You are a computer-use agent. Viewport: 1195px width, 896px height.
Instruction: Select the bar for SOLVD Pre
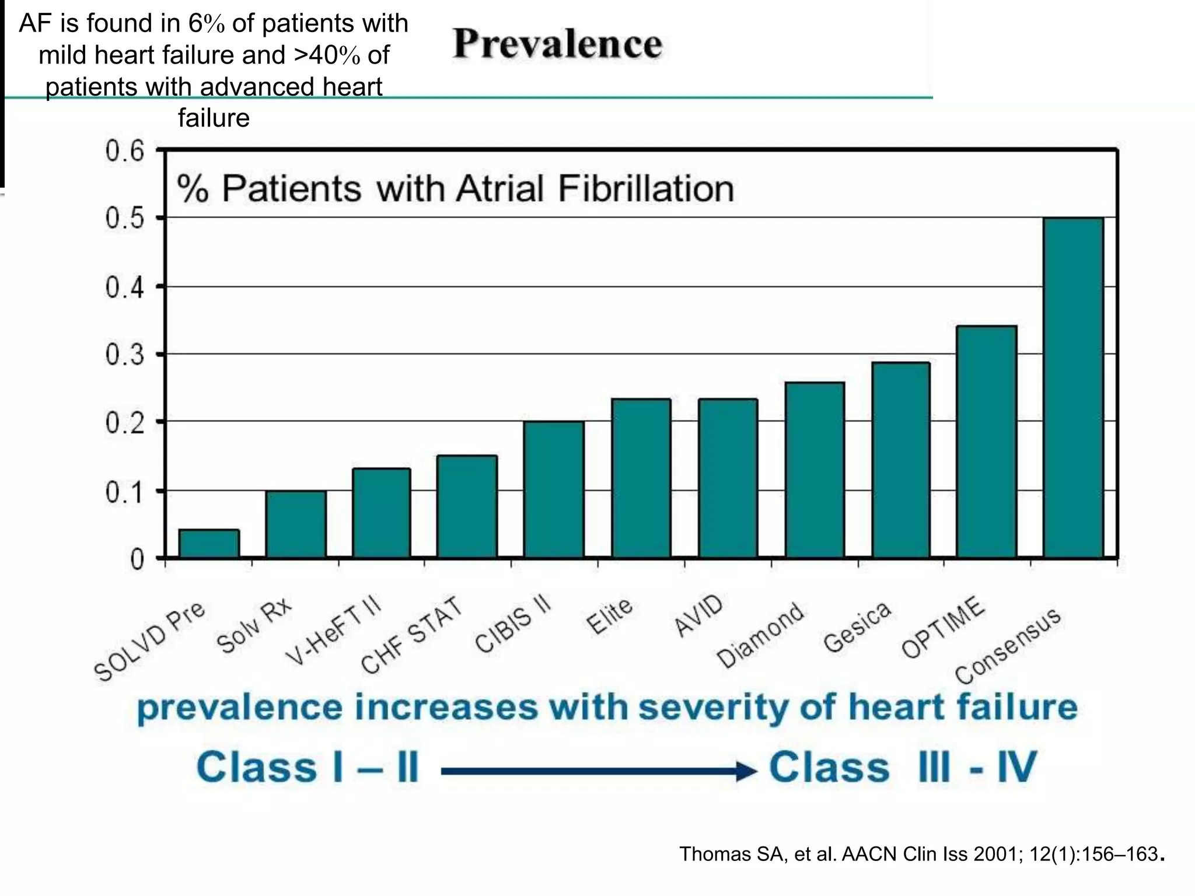[x=209, y=543]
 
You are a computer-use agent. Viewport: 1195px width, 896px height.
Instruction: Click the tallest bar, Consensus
[x=1073, y=387]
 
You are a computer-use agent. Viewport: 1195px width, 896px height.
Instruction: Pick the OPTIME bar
[x=986, y=442]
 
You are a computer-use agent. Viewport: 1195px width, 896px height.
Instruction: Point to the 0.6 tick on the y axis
[x=124, y=151]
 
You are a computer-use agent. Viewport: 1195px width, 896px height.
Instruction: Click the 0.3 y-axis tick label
[x=124, y=355]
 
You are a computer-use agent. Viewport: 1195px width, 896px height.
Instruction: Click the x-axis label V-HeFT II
[x=333, y=631]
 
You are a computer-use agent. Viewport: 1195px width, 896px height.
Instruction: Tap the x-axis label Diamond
[x=760, y=636]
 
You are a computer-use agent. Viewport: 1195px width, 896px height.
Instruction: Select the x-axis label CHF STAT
[x=411, y=636]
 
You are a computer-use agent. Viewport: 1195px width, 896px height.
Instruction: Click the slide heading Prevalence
[x=557, y=44]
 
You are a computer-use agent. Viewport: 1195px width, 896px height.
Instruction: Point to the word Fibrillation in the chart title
[x=645, y=188]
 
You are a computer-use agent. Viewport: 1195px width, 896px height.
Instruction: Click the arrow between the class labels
[x=598, y=771]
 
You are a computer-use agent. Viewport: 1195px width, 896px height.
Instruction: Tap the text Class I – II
[x=308, y=767]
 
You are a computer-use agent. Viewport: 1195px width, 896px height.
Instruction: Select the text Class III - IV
[x=902, y=767]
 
